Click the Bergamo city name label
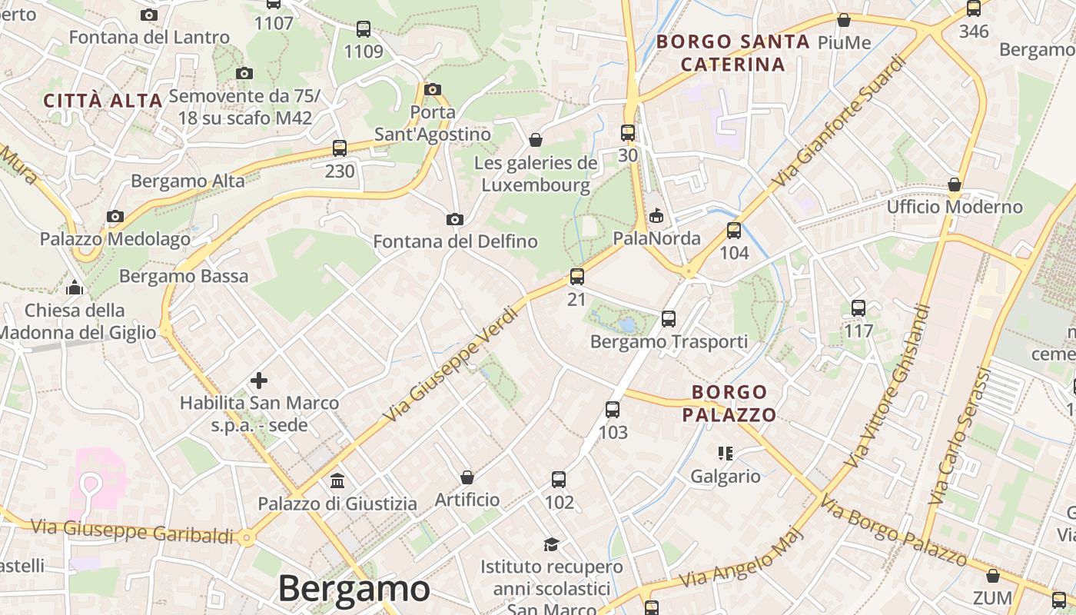(x=354, y=589)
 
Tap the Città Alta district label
(x=103, y=101)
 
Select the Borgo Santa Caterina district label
(x=732, y=52)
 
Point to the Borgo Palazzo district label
(x=729, y=404)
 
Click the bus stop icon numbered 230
(x=340, y=148)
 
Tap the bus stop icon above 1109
(x=364, y=29)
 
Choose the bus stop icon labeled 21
(x=577, y=277)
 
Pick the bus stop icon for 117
(x=858, y=308)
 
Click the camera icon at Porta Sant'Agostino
(x=433, y=89)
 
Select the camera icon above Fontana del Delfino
(x=455, y=220)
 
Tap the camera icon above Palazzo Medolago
(x=115, y=217)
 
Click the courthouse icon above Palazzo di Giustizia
(x=337, y=481)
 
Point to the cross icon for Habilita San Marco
(x=259, y=380)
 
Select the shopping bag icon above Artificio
(x=467, y=477)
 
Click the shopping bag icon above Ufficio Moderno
(x=955, y=184)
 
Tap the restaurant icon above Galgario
(x=725, y=454)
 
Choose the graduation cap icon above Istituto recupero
(x=551, y=544)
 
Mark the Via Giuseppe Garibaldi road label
(x=131, y=531)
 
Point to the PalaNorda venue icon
(x=656, y=216)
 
